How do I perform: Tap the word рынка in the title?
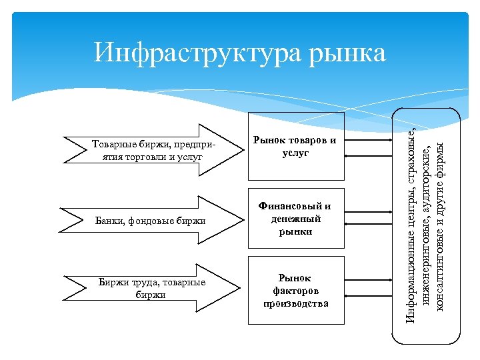(x=347, y=53)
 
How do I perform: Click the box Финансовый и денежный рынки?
(x=295, y=219)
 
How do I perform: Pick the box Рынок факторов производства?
(x=295, y=290)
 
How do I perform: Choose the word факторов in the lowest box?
(x=296, y=291)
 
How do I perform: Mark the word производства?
(x=296, y=303)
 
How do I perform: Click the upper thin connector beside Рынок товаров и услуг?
(x=368, y=141)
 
